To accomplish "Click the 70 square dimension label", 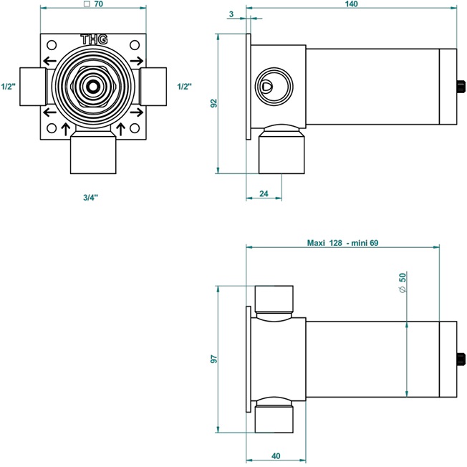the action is [94, 4].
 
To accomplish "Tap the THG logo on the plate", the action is [94, 39].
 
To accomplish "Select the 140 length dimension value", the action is [351, 4].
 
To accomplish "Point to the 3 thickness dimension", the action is [231, 14].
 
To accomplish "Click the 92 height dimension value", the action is [214, 103].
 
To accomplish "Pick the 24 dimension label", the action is [264, 193].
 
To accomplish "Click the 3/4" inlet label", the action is [90, 197].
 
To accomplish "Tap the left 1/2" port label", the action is [9, 87].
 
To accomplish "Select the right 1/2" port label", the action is [184, 87].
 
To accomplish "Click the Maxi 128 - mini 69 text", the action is [342, 243].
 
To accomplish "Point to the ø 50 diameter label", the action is [403, 282].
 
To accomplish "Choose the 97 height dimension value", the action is [214, 359].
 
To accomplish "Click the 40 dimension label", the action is [276, 456].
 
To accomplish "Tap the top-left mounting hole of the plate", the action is [52, 45].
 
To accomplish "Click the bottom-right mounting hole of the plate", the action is [135, 128].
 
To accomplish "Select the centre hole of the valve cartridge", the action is [93, 87].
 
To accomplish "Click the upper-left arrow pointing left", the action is [49, 62].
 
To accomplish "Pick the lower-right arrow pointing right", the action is [137, 112].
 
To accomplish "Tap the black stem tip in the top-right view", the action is [461, 87].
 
